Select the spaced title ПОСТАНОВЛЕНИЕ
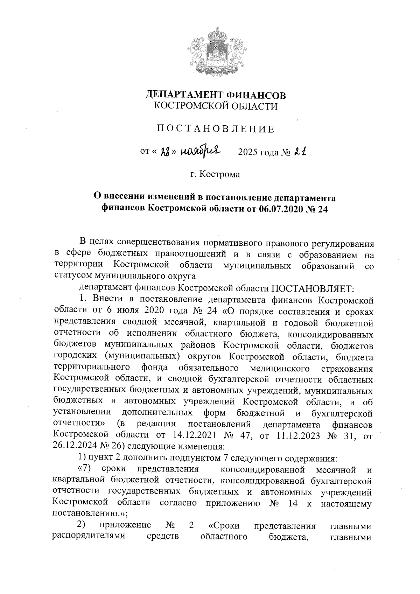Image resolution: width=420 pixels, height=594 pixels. click(216, 129)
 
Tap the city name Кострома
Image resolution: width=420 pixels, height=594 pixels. click(220, 174)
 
